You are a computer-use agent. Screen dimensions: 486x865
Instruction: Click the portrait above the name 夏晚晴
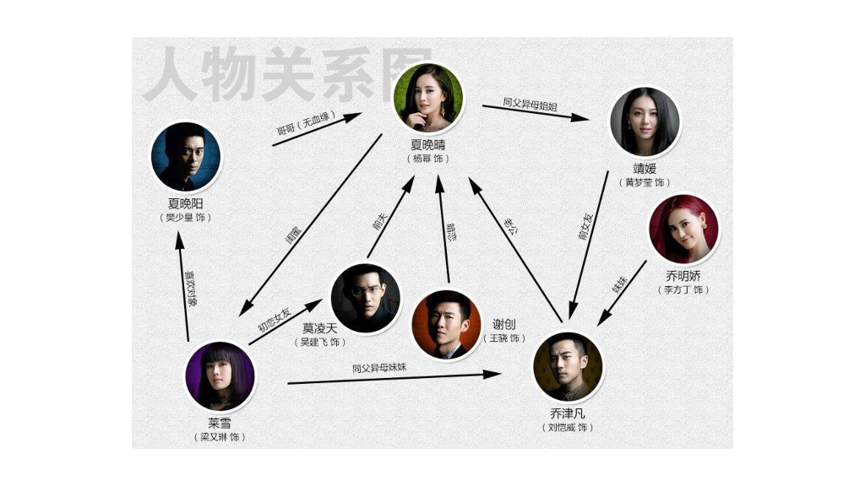coord(429,98)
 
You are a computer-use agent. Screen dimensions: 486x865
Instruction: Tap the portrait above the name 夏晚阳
coord(186,157)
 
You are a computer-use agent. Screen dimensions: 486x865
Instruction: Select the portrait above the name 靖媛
coord(645,121)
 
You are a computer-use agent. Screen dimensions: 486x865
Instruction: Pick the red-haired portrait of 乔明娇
coord(683,229)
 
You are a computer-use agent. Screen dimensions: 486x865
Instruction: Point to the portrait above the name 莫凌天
coord(366,299)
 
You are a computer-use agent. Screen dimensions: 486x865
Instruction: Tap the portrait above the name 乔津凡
coord(568,367)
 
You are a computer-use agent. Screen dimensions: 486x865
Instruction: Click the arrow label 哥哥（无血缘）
coord(307,123)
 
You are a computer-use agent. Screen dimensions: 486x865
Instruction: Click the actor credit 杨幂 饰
coord(427,159)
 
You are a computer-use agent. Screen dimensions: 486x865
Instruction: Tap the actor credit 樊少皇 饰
coord(186,218)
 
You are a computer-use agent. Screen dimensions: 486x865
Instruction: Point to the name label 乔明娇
coord(683,276)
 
